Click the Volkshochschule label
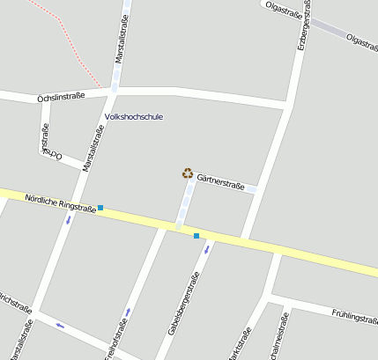[x=133, y=116]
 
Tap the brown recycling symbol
[x=187, y=173]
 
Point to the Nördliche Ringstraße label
[x=60, y=203]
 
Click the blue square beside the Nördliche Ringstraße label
[x=100, y=208]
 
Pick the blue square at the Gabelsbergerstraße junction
[x=196, y=235]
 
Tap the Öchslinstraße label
[x=61, y=96]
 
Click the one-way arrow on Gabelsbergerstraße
[x=208, y=249]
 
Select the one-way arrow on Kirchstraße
[x=60, y=325]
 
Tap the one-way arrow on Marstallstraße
[x=69, y=218]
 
